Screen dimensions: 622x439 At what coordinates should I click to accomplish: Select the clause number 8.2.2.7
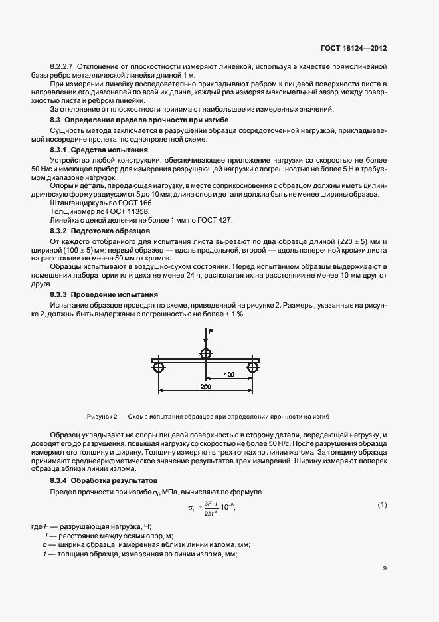point(63,68)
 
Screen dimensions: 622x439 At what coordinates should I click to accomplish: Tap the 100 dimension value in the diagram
point(229,375)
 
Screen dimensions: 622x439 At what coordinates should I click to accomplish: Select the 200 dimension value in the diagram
point(206,385)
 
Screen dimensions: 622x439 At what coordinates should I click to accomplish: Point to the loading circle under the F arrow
point(205,352)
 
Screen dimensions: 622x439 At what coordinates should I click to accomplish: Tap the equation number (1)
point(382,505)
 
